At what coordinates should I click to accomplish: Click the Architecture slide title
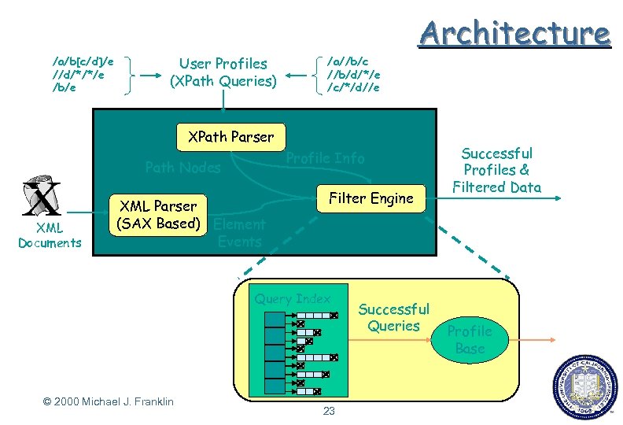point(514,33)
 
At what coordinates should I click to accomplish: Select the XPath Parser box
point(230,137)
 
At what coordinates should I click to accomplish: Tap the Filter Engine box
point(370,198)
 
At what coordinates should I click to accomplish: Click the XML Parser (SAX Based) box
point(157,215)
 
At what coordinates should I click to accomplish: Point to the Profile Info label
point(325,158)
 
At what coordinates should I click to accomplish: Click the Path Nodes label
point(183,167)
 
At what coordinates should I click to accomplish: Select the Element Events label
point(239,233)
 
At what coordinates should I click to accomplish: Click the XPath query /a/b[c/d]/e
point(82,61)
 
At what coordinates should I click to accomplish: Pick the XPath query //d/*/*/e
point(78,74)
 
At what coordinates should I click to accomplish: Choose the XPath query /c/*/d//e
point(352,87)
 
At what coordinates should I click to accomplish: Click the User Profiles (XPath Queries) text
point(223,72)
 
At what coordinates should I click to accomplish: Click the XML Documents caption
point(50,235)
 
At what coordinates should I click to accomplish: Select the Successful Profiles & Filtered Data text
point(496,170)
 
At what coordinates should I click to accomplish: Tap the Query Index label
point(293,298)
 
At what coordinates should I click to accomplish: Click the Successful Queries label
point(393,317)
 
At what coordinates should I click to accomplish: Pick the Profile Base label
point(470,339)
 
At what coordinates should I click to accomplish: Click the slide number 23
point(329,411)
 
